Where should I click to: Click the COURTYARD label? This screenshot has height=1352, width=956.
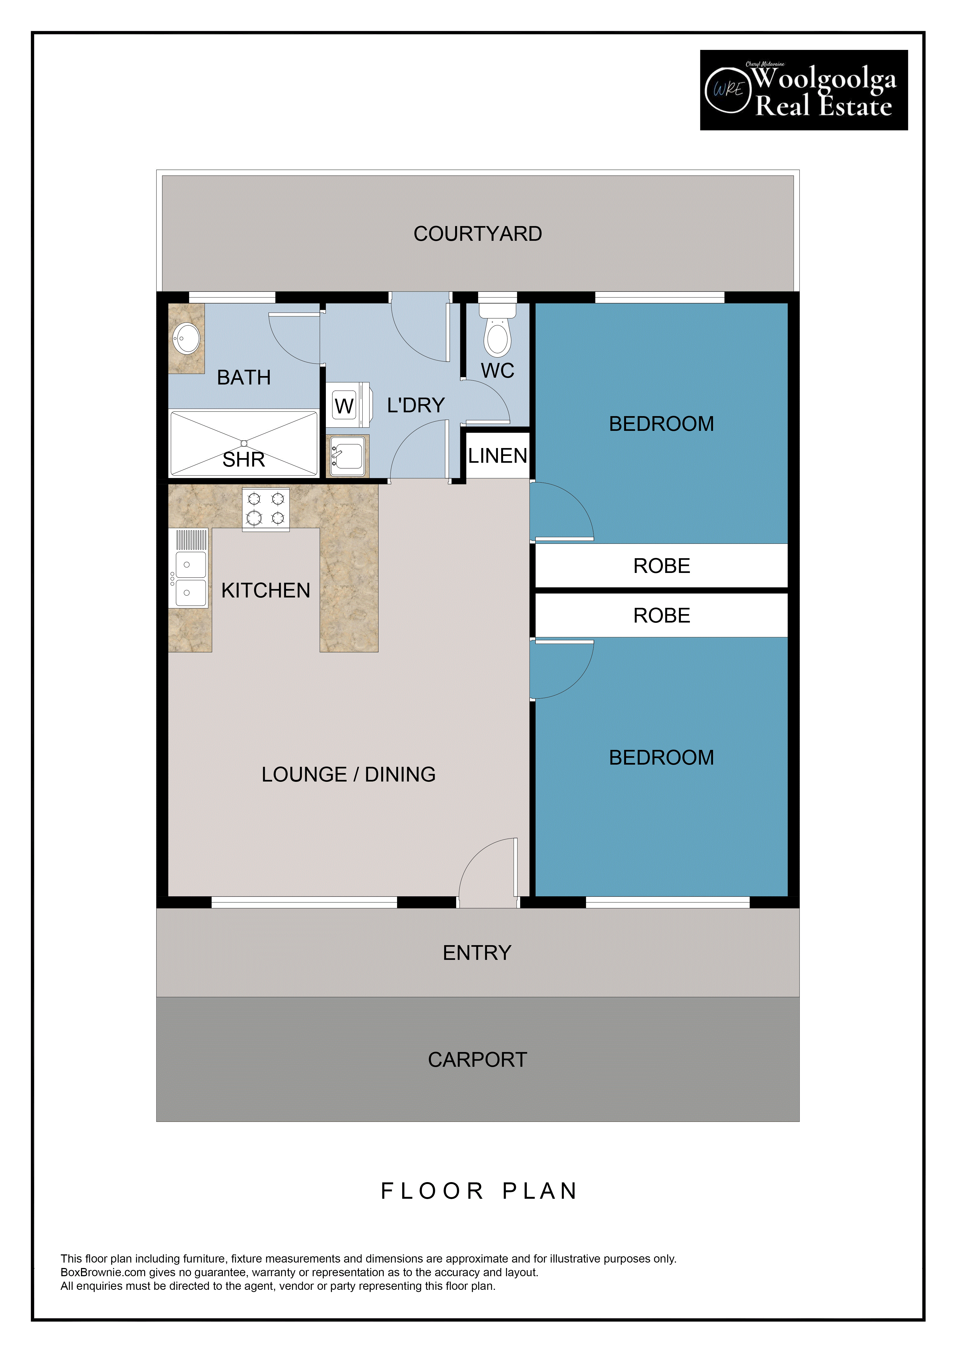pos(477,234)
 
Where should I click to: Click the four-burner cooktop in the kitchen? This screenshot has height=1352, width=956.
pos(266,509)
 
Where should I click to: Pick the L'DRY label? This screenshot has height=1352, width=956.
pos(416,405)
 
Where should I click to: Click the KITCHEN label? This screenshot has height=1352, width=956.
pos(266,591)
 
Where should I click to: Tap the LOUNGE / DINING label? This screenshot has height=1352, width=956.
pos(348,774)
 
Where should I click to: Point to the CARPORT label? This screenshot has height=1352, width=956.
pos(477,1059)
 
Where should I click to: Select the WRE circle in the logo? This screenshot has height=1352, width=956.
pos(728,89)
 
